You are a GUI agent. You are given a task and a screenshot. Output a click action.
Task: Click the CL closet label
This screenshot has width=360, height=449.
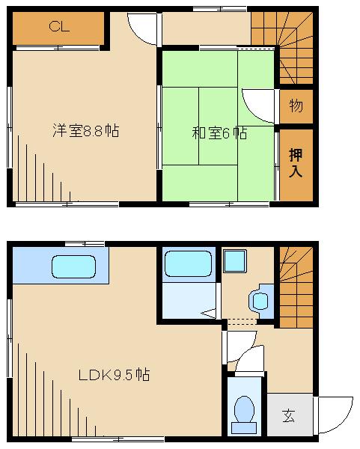(59, 26)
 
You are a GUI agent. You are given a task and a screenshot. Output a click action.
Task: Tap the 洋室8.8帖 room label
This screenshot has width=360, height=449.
(85, 130)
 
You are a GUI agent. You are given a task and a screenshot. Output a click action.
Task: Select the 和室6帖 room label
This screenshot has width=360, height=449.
(219, 133)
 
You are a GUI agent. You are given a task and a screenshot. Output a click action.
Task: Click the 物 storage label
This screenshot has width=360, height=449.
(296, 106)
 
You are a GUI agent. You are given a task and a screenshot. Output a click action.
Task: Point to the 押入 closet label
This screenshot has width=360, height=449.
(296, 162)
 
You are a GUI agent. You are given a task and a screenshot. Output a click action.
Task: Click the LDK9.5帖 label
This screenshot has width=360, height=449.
(114, 374)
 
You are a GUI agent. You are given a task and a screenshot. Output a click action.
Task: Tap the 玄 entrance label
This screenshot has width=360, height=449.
(288, 415)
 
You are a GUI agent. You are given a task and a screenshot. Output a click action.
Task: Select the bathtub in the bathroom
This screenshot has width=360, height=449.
(188, 263)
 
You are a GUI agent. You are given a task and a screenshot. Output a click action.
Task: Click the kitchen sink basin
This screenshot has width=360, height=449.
(73, 267)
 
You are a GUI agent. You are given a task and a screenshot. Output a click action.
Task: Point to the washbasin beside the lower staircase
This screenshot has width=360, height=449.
(260, 301)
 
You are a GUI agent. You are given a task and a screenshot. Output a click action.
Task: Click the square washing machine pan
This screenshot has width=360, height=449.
(235, 261)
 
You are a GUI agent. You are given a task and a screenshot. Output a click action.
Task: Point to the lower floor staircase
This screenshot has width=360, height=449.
(296, 287)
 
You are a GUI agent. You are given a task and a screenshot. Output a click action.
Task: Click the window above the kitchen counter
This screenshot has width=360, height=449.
(85, 244)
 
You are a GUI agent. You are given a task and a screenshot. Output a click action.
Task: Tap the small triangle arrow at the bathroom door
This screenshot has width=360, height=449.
(208, 314)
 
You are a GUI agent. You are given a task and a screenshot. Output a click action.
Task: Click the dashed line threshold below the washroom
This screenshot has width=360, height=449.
(242, 322)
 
